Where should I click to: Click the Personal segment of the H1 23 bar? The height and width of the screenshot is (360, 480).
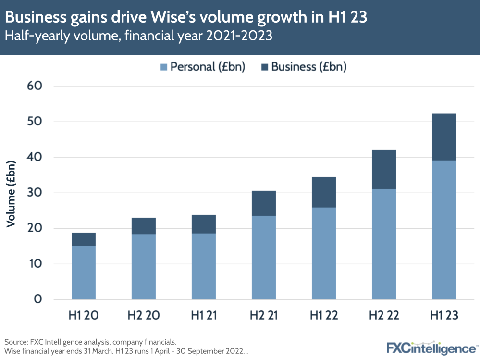(444, 230)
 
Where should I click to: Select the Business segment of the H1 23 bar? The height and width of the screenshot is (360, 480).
(444, 137)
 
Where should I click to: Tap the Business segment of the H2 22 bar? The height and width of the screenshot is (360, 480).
(384, 170)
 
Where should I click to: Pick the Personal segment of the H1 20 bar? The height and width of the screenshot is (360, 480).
(84, 273)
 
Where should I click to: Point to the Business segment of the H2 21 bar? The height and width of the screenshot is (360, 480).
(264, 203)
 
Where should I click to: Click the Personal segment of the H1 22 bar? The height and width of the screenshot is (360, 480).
(324, 253)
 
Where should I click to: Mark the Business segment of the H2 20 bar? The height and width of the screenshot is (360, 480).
(144, 226)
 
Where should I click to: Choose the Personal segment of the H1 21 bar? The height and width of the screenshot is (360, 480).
(204, 266)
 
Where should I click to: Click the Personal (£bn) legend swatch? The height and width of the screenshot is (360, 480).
(163, 67)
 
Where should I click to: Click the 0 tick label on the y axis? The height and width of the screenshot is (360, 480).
(37, 299)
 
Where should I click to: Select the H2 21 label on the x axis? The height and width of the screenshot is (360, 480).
(264, 316)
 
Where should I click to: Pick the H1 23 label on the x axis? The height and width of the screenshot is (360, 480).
(444, 316)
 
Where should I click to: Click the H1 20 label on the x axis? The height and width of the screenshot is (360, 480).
(84, 316)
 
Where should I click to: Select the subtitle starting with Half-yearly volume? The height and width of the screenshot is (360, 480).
(139, 36)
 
